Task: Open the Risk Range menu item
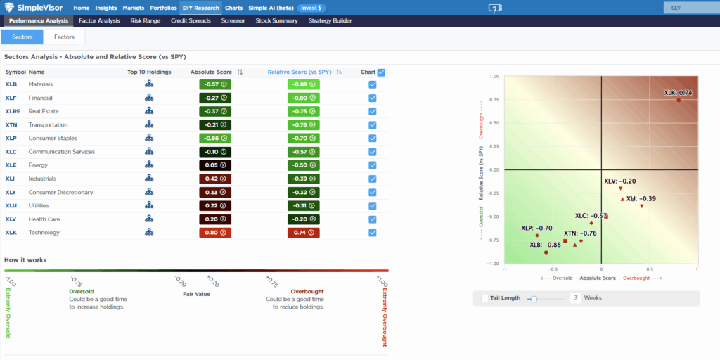[146, 21]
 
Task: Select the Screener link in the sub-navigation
[233, 21]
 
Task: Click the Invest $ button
[311, 8]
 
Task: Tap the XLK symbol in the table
[12, 233]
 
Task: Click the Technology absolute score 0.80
[215, 233]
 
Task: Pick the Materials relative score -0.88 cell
[303, 84]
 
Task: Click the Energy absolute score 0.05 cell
[215, 165]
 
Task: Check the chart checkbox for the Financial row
[373, 98]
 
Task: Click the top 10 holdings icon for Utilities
[149, 205]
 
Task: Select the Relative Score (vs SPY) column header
[299, 72]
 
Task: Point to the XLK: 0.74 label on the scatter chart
[678, 93]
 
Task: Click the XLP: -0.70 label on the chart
[536, 229]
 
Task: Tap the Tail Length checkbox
[484, 298]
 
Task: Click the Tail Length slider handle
[534, 298]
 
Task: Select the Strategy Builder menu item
[330, 21]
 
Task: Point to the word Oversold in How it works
[82, 291]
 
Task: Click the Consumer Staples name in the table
[53, 139]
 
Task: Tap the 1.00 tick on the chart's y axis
[494, 76]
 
